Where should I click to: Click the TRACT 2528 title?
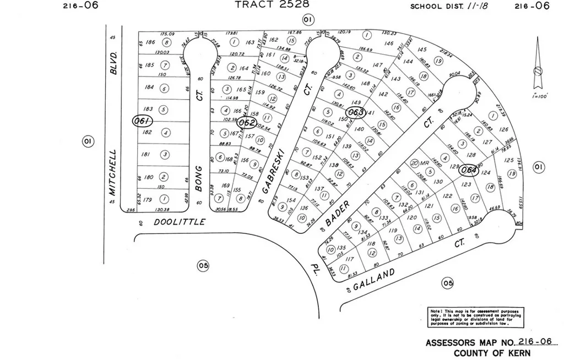click(x=272, y=4)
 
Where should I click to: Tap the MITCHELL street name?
click(x=113, y=172)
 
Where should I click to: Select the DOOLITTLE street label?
click(x=179, y=222)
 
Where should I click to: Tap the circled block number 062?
click(x=247, y=122)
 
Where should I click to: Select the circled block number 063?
click(x=356, y=112)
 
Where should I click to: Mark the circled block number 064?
click(x=469, y=170)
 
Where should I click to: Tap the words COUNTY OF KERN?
click(x=492, y=353)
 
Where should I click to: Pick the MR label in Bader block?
click(x=424, y=163)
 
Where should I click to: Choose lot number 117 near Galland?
click(x=349, y=259)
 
